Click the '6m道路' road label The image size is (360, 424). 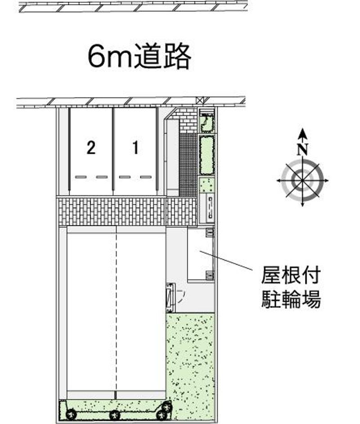click(x=139, y=57)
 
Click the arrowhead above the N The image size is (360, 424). click(x=302, y=133)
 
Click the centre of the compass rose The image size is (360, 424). click(x=302, y=180)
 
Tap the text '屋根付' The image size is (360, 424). click(x=291, y=275)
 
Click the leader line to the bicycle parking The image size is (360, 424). click(x=226, y=261)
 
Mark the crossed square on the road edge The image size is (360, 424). click(x=199, y=100)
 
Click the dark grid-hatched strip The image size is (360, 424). click(x=188, y=164)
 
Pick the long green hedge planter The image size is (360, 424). click(x=207, y=155)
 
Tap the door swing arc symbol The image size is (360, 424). click(x=181, y=296)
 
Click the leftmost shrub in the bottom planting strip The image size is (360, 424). click(x=72, y=414)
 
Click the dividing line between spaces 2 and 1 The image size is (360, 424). click(x=113, y=151)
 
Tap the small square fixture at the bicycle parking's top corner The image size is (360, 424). click(x=210, y=232)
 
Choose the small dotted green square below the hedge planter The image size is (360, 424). click(x=207, y=185)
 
